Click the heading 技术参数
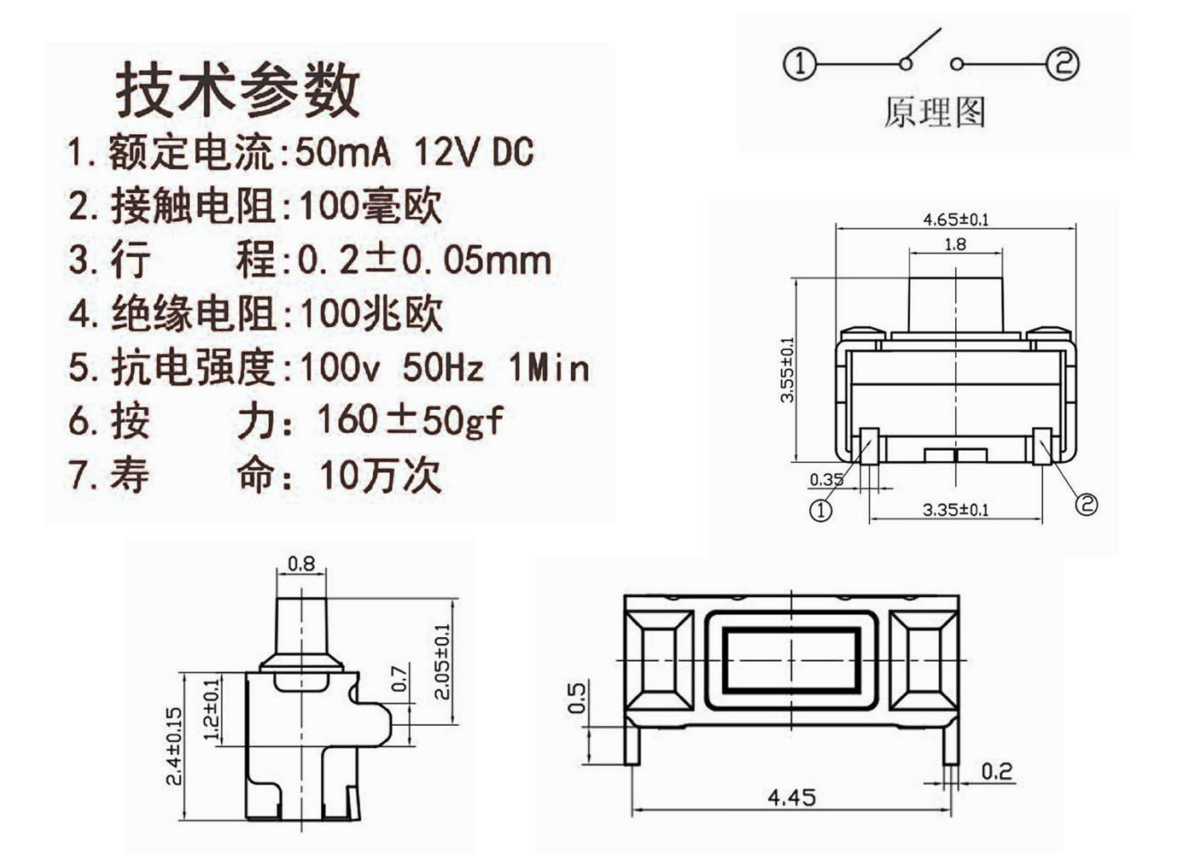tap(238, 90)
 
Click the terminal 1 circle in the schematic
tap(800, 64)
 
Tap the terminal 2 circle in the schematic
tap(1063, 64)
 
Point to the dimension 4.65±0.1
tap(955, 219)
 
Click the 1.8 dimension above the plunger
tap(955, 244)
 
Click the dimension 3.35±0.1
tap(955, 510)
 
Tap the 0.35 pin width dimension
tap(825, 479)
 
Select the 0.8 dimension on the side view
tap(301, 564)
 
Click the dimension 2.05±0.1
tap(441, 661)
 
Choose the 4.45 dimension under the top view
tap(791, 798)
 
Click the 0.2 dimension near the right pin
tap(996, 772)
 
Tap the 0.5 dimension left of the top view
tap(577, 698)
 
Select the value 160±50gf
tap(410, 420)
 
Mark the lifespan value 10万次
tap(380, 475)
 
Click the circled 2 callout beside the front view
tap(1086, 504)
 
